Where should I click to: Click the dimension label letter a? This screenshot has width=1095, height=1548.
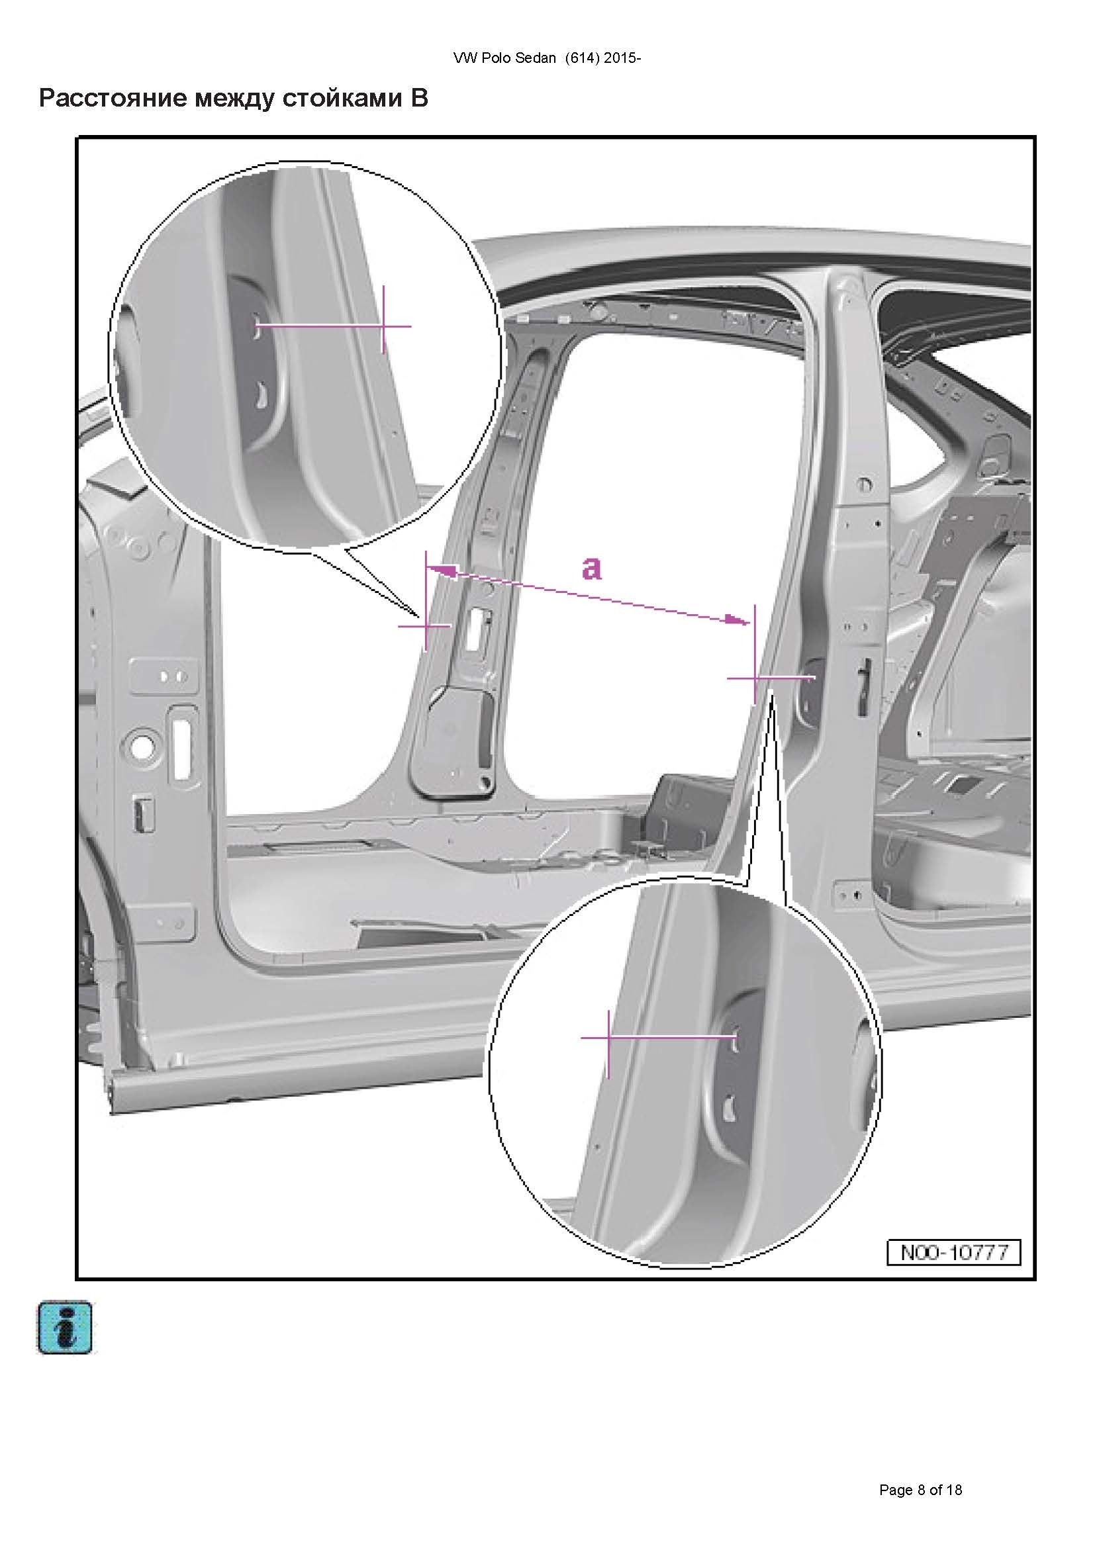(591, 568)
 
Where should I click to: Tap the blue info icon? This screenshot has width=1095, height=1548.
(65, 1328)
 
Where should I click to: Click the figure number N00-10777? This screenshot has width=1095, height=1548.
(953, 1253)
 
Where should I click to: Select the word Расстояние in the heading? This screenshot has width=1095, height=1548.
(111, 99)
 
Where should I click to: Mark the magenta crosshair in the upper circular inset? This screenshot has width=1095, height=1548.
(383, 326)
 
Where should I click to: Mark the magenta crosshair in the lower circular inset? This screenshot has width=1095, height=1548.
(608, 1038)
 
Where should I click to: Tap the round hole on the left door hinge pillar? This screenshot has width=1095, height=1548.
(142, 747)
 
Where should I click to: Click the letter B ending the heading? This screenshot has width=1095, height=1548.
(418, 99)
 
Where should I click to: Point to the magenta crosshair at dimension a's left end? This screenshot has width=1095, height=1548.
(426, 625)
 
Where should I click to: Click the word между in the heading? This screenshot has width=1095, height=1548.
(232, 99)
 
